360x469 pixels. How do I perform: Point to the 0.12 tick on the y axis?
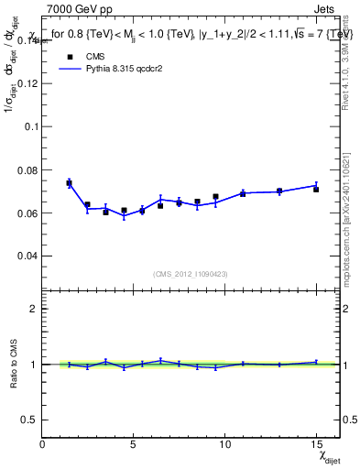[27, 82]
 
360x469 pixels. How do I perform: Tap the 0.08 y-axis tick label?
[27, 169]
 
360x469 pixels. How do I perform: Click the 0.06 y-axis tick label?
[27, 213]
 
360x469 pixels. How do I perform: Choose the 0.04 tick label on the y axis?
[27, 256]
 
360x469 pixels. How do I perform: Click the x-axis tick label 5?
[134, 445]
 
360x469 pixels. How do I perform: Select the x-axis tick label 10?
[224, 445]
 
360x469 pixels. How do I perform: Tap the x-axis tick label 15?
[315, 445]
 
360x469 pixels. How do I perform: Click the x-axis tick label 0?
[43, 445]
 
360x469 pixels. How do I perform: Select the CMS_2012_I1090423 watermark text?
[190, 274]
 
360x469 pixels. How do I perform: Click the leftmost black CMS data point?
[70, 183]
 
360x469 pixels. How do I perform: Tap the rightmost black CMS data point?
[316, 189]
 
